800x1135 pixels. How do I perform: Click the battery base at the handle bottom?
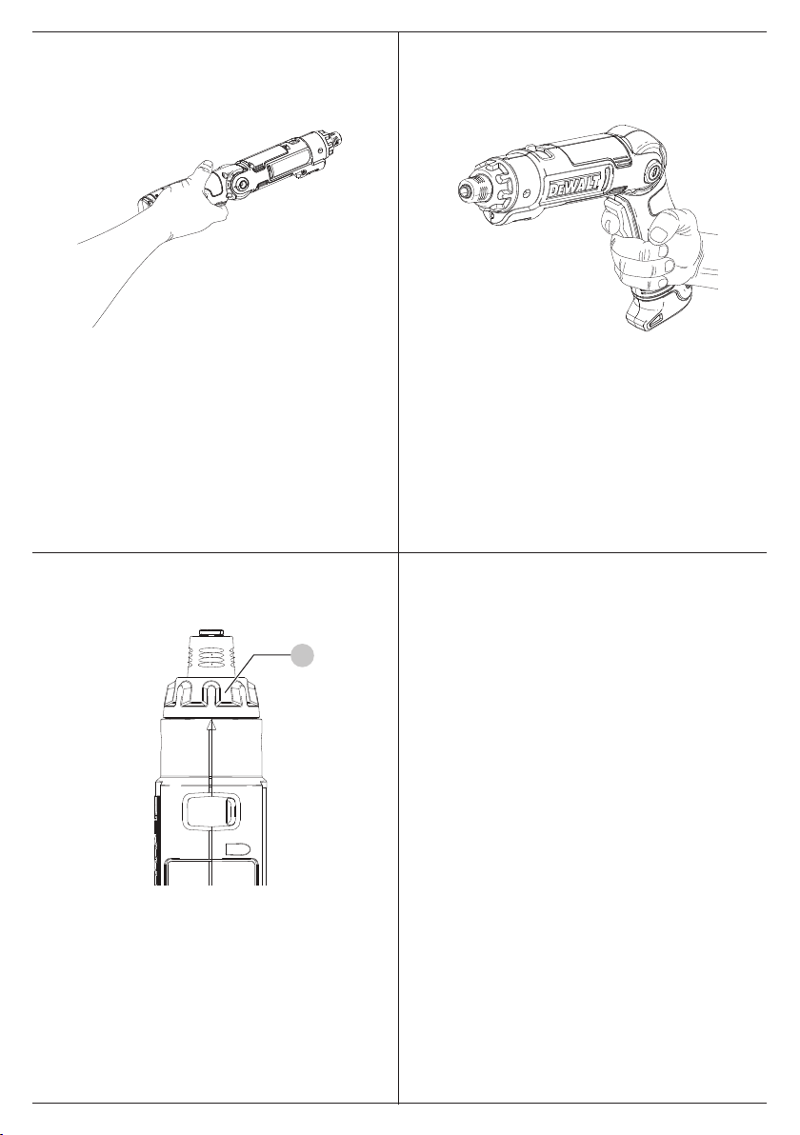[651, 315]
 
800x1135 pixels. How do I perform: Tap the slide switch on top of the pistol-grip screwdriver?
[532, 151]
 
